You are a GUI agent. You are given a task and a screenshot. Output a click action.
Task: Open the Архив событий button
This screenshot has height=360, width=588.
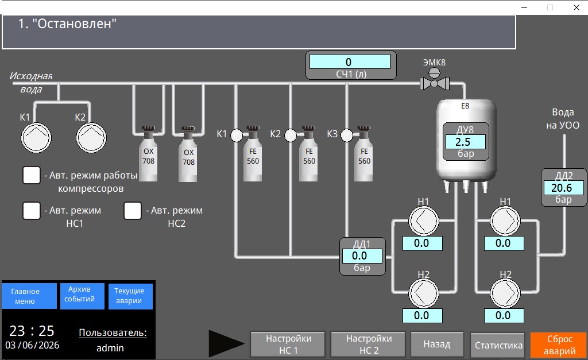[82, 296]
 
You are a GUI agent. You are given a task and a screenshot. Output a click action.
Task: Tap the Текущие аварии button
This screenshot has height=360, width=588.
[130, 296]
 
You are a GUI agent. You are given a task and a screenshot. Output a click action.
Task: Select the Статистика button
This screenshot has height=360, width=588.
[498, 345]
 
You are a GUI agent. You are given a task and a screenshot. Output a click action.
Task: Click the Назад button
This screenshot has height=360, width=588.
[437, 344]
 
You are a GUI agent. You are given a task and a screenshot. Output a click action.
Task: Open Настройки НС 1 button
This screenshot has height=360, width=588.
[288, 344]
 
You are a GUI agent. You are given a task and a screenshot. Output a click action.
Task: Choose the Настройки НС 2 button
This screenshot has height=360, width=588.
[368, 344]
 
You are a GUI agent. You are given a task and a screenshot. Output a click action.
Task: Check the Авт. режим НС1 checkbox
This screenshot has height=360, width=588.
[32, 211]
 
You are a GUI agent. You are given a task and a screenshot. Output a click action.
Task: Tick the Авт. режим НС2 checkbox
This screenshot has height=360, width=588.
[133, 211]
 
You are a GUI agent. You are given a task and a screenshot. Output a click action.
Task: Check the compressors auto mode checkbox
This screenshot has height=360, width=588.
[32, 175]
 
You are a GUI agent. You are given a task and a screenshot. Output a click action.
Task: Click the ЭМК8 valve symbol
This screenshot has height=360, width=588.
[434, 80]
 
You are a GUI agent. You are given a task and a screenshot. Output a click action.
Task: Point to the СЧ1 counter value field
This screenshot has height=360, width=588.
[350, 61]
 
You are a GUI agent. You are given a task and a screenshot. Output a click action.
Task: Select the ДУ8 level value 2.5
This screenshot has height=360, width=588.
[465, 142]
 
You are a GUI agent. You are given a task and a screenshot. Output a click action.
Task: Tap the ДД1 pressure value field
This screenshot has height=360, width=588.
[362, 256]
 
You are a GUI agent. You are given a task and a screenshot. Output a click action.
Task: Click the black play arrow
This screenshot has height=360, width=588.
[225, 343]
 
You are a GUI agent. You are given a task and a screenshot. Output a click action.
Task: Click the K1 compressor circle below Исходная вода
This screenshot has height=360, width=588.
[36, 138]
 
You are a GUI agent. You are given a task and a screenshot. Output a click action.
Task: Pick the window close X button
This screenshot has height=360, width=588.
[577, 7]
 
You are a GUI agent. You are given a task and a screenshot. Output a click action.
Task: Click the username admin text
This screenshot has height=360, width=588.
[110, 348]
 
